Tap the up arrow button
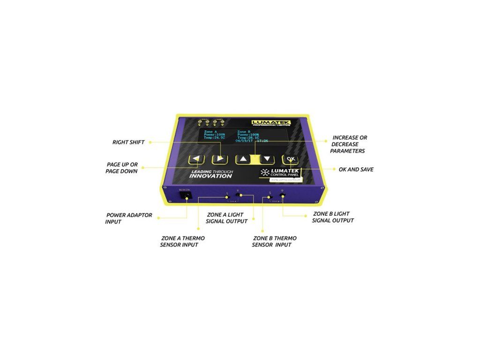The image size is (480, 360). pyautogui.click(x=243, y=159)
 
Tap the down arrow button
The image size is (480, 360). pyautogui.click(x=267, y=159)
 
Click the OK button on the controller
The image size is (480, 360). pyautogui.click(x=291, y=159)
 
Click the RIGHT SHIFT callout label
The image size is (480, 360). pyautogui.click(x=128, y=142)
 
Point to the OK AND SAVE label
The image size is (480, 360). pyautogui.click(x=356, y=169)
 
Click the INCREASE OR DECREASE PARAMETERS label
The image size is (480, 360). pyautogui.click(x=349, y=144)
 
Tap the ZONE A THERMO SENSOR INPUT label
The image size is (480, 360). pyautogui.click(x=182, y=241)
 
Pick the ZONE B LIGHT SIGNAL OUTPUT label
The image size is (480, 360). pyautogui.click(x=333, y=217)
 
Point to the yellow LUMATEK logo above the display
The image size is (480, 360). pyautogui.click(x=270, y=122)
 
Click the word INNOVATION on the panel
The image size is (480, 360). pyautogui.click(x=210, y=176)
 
